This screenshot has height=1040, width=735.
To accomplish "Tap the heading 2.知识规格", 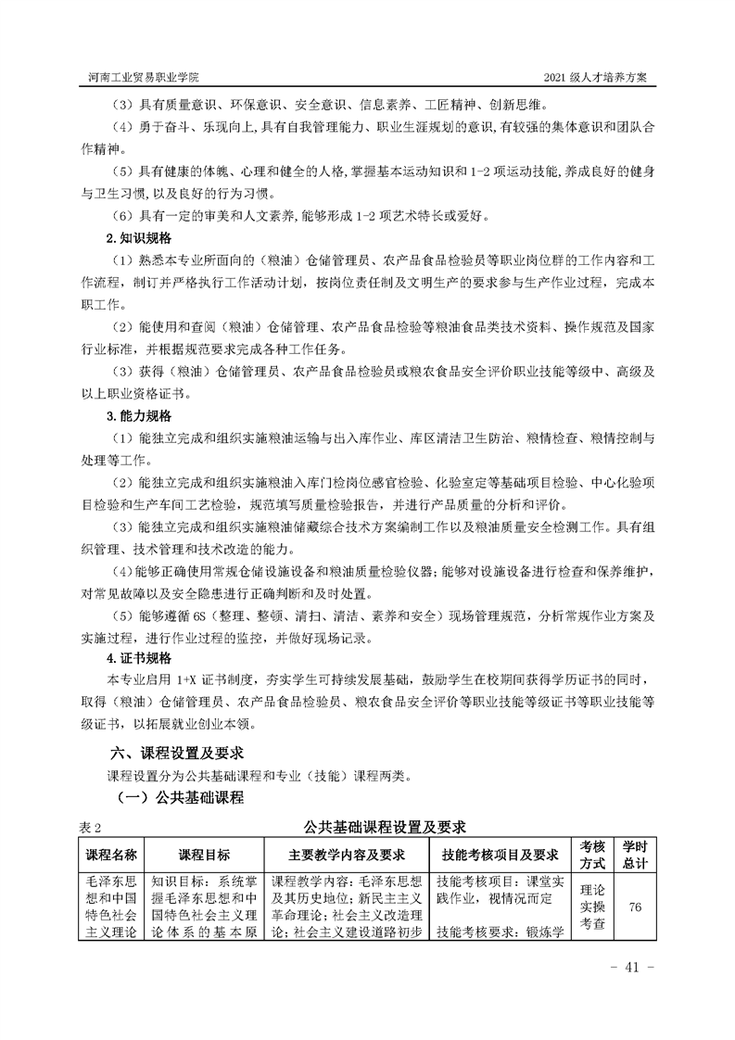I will (x=135, y=237).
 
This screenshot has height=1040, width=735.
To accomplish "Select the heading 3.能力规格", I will (x=135, y=415).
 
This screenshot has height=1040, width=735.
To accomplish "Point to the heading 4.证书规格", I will (x=135, y=659).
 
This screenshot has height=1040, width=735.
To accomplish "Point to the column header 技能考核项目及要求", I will (x=501, y=854).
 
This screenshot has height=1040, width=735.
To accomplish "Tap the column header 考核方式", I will (x=592, y=854).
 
